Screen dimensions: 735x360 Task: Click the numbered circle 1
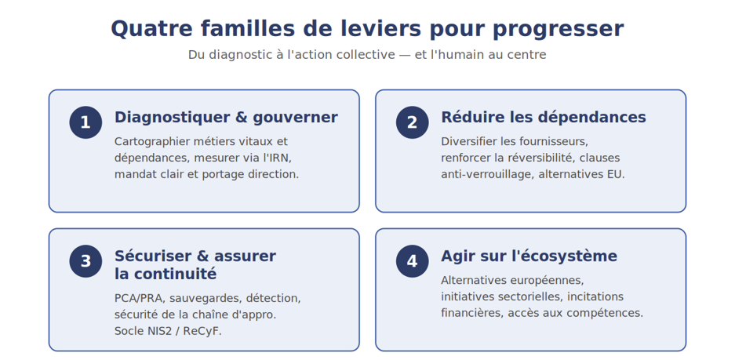point(86,122)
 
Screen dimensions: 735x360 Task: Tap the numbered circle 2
point(412,122)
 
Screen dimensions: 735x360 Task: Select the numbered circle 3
point(86,261)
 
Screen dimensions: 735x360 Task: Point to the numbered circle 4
point(412,261)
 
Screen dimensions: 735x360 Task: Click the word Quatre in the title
point(151,29)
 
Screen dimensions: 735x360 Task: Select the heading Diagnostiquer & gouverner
point(226,117)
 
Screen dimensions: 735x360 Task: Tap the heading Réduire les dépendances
point(544,117)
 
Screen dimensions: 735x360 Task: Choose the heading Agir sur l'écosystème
point(529,256)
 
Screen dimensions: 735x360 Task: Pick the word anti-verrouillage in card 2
point(486,174)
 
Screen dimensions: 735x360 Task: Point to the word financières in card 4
point(471,313)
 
